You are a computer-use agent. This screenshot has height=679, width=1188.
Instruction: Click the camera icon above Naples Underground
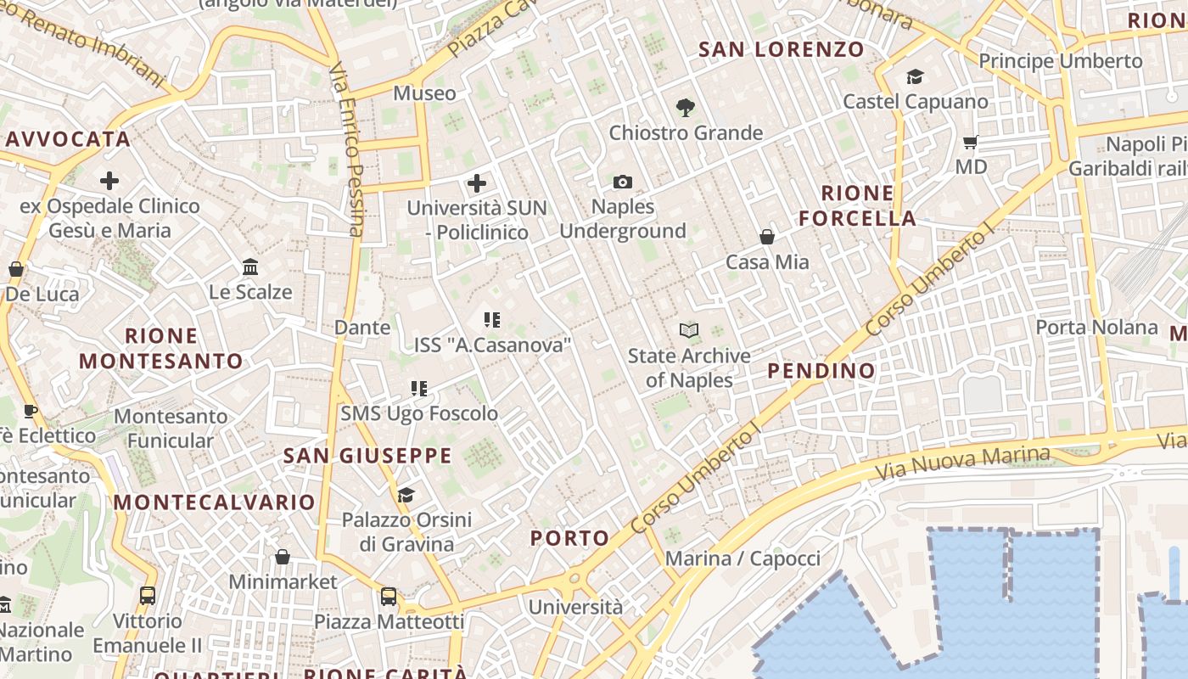622,182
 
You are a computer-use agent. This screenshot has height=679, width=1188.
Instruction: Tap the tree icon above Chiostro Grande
685,108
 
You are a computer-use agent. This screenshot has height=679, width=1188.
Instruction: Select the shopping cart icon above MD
971,142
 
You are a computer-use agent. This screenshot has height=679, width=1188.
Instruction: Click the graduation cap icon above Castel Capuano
915,77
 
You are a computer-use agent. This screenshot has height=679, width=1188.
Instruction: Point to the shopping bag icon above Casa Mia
767,237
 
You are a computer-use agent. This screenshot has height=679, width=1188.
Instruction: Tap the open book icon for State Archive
689,330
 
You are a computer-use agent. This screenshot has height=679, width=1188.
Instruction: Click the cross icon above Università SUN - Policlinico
477,182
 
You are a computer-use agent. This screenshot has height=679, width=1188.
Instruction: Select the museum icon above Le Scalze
250,267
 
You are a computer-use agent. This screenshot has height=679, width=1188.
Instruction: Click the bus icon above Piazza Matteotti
389,597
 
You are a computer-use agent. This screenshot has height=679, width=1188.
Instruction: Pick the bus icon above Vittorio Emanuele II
148,596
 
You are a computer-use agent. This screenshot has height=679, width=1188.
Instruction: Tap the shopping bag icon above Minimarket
283,557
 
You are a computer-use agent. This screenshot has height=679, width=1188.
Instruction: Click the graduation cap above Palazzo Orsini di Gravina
406,495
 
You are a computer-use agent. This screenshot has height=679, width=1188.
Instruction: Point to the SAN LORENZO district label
781,49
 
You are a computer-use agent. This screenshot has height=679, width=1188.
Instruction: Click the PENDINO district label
821,371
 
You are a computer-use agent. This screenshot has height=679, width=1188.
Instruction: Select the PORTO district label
570,538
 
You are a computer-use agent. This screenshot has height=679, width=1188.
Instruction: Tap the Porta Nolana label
1096,328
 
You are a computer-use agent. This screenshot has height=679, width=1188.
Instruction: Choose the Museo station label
424,93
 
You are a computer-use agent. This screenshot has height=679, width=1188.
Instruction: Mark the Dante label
362,328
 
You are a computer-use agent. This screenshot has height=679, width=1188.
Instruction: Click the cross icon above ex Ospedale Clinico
109,181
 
